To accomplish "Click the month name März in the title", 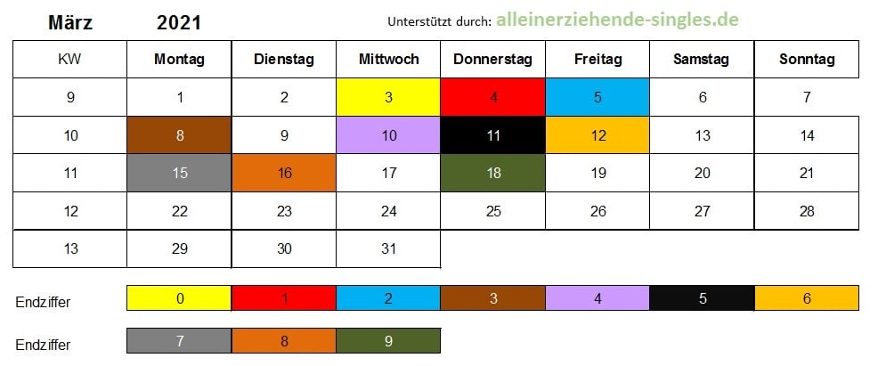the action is (70, 23).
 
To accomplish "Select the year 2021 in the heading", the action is (179, 23).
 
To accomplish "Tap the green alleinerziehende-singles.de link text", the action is (618, 20).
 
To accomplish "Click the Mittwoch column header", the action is (388, 60).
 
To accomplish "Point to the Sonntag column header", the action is (807, 60).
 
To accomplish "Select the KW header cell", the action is (70, 60).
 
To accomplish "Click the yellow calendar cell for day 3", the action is (388, 97).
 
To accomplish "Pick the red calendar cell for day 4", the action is (493, 97).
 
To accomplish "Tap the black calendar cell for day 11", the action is (493, 135).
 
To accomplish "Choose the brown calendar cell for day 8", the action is (179, 135).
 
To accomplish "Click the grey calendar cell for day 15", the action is (179, 173).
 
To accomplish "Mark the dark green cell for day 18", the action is (493, 173).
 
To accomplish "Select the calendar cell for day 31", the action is (388, 248).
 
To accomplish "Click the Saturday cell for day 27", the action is (703, 211).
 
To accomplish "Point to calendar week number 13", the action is (70, 248).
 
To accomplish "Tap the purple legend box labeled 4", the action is (598, 298).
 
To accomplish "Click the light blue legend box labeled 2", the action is (388, 298).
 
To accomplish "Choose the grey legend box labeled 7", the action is (179, 341).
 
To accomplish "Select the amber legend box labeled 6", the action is (807, 298).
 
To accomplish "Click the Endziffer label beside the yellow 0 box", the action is (43, 303).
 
